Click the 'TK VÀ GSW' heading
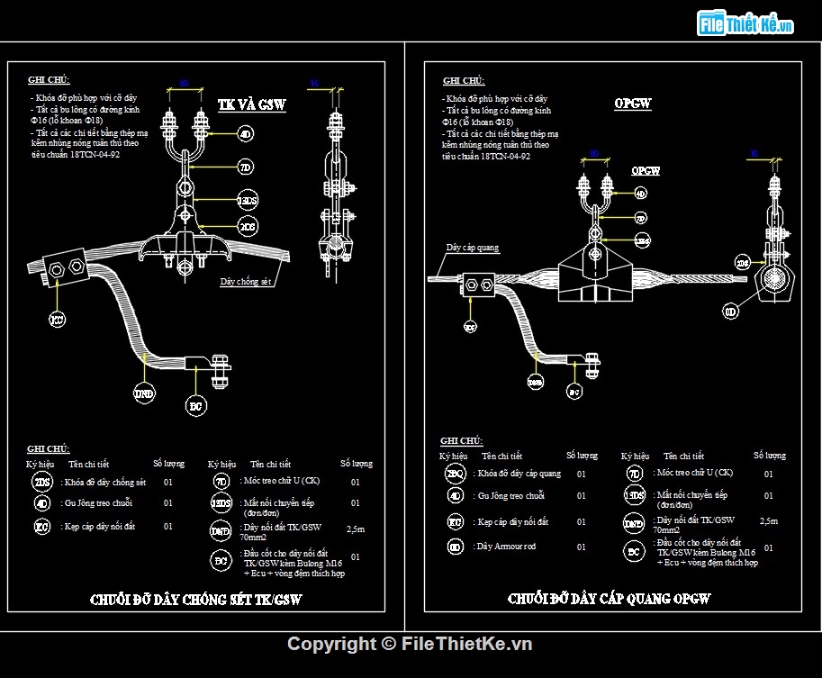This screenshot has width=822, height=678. (x=251, y=105)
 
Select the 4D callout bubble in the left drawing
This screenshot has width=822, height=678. (x=245, y=135)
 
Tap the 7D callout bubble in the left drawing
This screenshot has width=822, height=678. (x=245, y=167)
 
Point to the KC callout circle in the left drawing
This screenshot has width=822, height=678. (x=57, y=320)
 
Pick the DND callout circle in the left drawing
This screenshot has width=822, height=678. (x=144, y=393)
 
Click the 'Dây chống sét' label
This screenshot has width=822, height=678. (x=246, y=281)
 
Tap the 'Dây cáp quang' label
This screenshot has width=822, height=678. (x=472, y=248)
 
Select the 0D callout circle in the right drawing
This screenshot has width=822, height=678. (x=730, y=312)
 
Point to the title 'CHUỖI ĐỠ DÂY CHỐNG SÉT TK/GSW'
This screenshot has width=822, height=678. (x=196, y=599)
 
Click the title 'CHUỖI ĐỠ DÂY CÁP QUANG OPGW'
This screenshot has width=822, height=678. (x=610, y=599)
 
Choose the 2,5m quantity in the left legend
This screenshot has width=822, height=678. (x=356, y=529)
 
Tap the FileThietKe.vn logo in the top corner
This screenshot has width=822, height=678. (x=746, y=24)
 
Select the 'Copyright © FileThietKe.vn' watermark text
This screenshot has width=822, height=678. (x=410, y=643)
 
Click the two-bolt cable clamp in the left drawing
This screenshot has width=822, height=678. (x=66, y=267)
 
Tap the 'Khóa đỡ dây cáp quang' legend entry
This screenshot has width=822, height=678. (x=519, y=474)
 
